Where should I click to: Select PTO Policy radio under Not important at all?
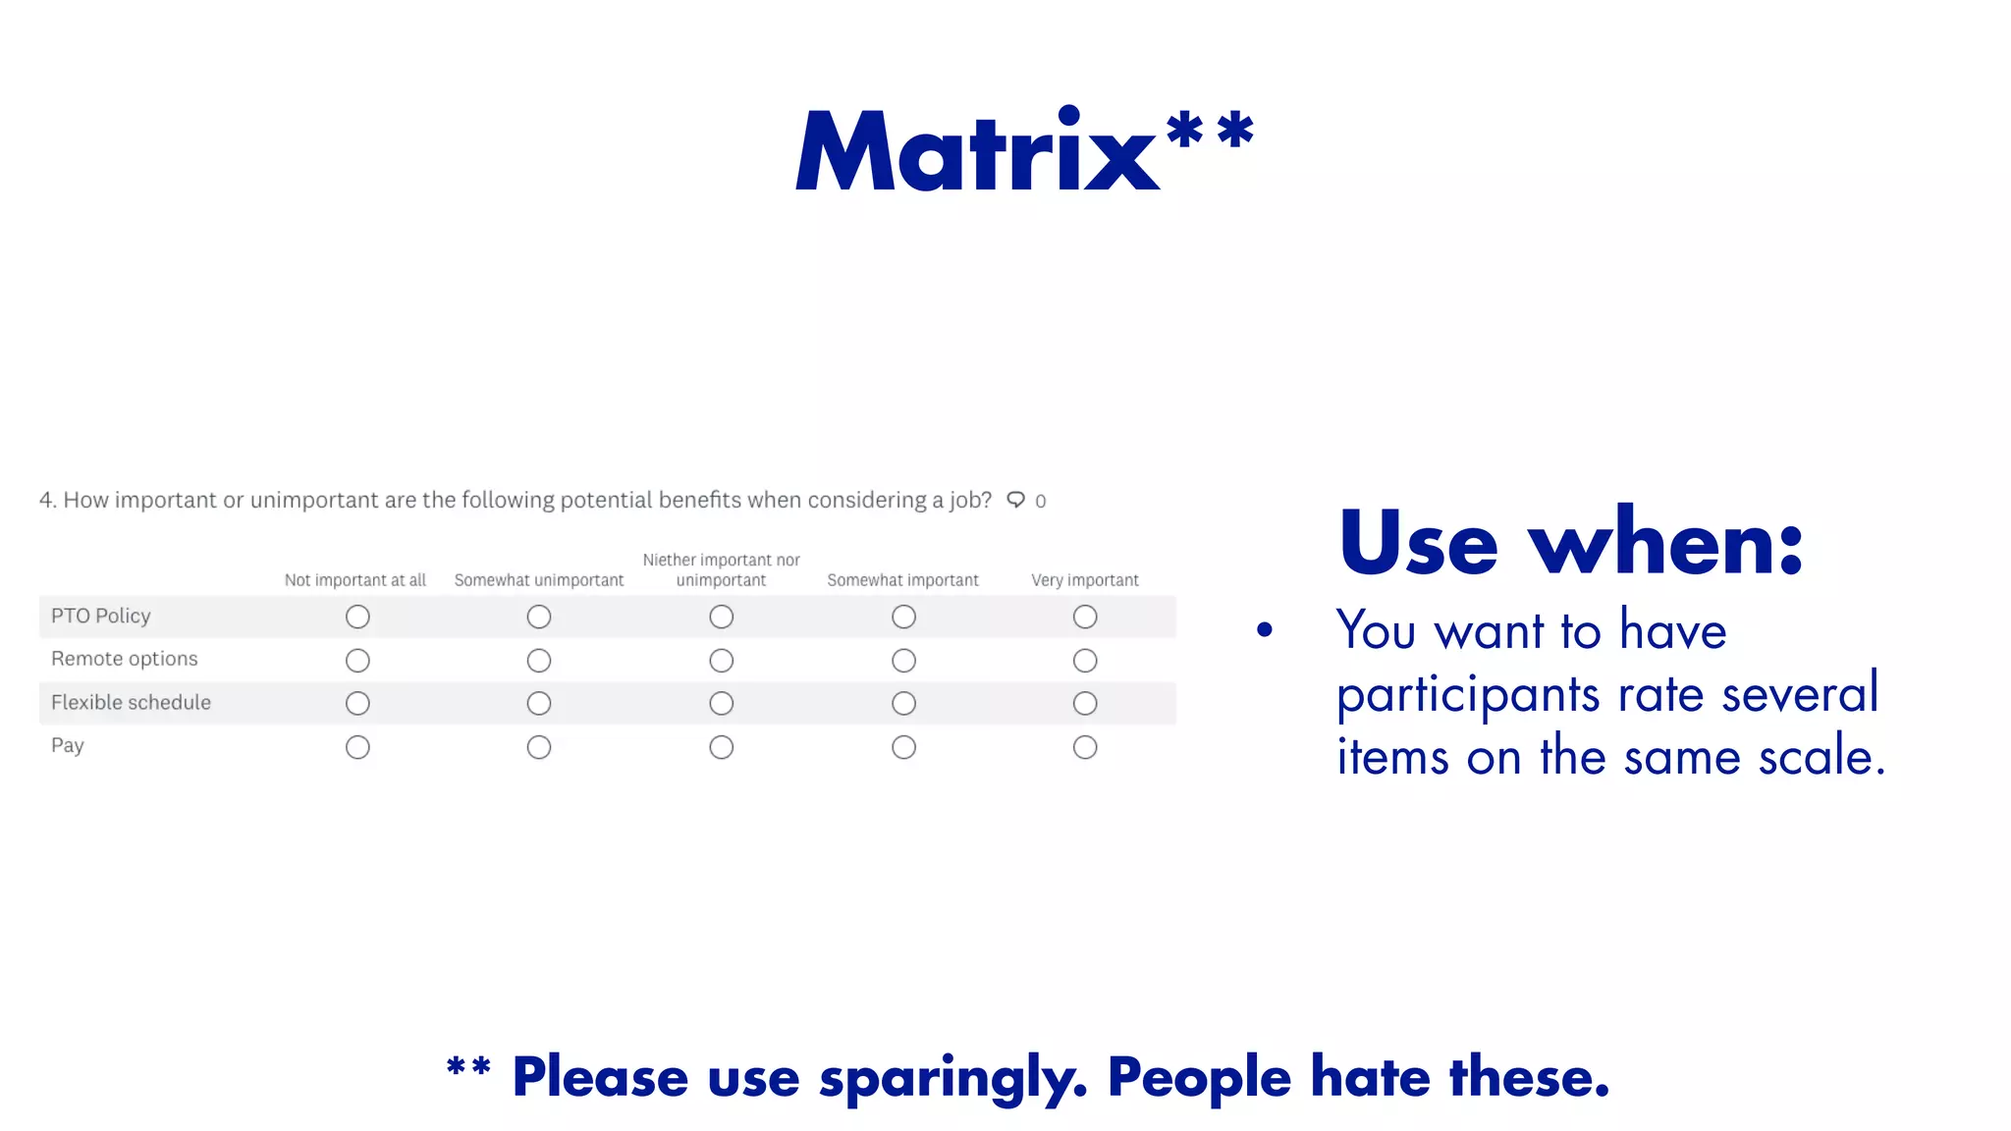pos(357,617)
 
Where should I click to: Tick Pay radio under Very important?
pos(1085,747)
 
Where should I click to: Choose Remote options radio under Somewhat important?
pos(903,661)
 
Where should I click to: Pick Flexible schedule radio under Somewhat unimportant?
pos(539,704)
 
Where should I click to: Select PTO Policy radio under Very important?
pos(1085,617)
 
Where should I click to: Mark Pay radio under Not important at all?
pos(357,747)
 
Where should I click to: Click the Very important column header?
pos(1085,580)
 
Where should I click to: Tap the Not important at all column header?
pos(355,580)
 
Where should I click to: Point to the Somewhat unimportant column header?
pos(539,580)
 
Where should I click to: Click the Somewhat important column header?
pos(903,580)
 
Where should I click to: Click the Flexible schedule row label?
pos(131,703)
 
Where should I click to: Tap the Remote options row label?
pos(125,659)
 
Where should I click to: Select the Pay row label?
pos(68,745)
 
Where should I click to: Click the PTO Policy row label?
pos(101,616)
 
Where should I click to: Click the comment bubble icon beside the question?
pos(1016,500)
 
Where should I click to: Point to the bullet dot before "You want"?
pos(1265,630)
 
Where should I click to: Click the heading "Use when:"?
pos(1571,542)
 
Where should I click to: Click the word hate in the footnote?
pos(1372,1077)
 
